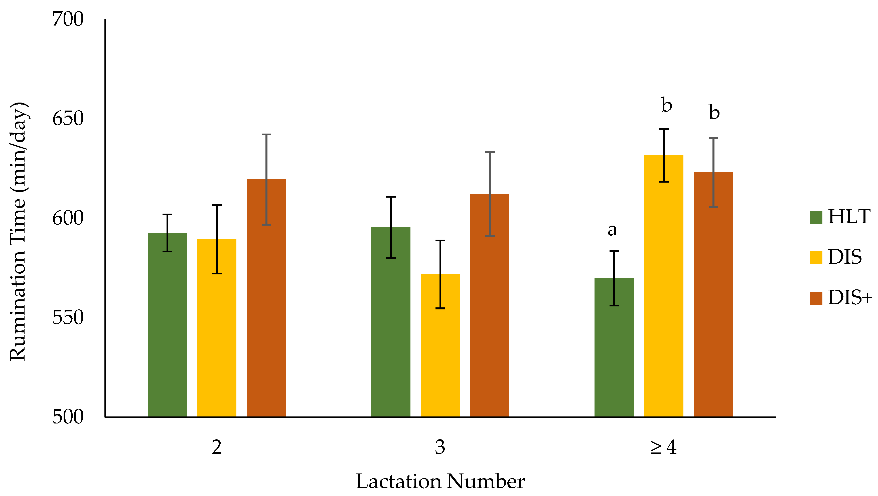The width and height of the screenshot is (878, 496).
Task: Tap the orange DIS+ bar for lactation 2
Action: tap(266, 298)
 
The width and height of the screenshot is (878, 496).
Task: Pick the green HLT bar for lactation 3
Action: tap(391, 322)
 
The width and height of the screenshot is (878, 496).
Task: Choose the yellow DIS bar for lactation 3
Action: tap(440, 345)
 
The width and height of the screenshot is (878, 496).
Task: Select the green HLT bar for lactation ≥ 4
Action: tap(614, 347)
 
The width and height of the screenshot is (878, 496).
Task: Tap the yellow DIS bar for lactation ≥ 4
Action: tap(664, 286)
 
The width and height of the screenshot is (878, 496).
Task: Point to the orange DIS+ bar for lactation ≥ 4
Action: tap(713, 295)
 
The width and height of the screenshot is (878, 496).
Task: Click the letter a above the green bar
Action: tap(612, 230)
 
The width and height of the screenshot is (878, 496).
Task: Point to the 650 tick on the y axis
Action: tap(68, 119)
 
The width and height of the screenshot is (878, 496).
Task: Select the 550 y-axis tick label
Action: tap(68, 317)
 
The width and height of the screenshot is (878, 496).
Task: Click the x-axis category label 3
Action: tap(440, 447)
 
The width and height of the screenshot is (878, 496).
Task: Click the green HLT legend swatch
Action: tap(816, 217)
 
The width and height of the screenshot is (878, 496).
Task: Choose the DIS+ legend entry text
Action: tap(850, 297)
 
